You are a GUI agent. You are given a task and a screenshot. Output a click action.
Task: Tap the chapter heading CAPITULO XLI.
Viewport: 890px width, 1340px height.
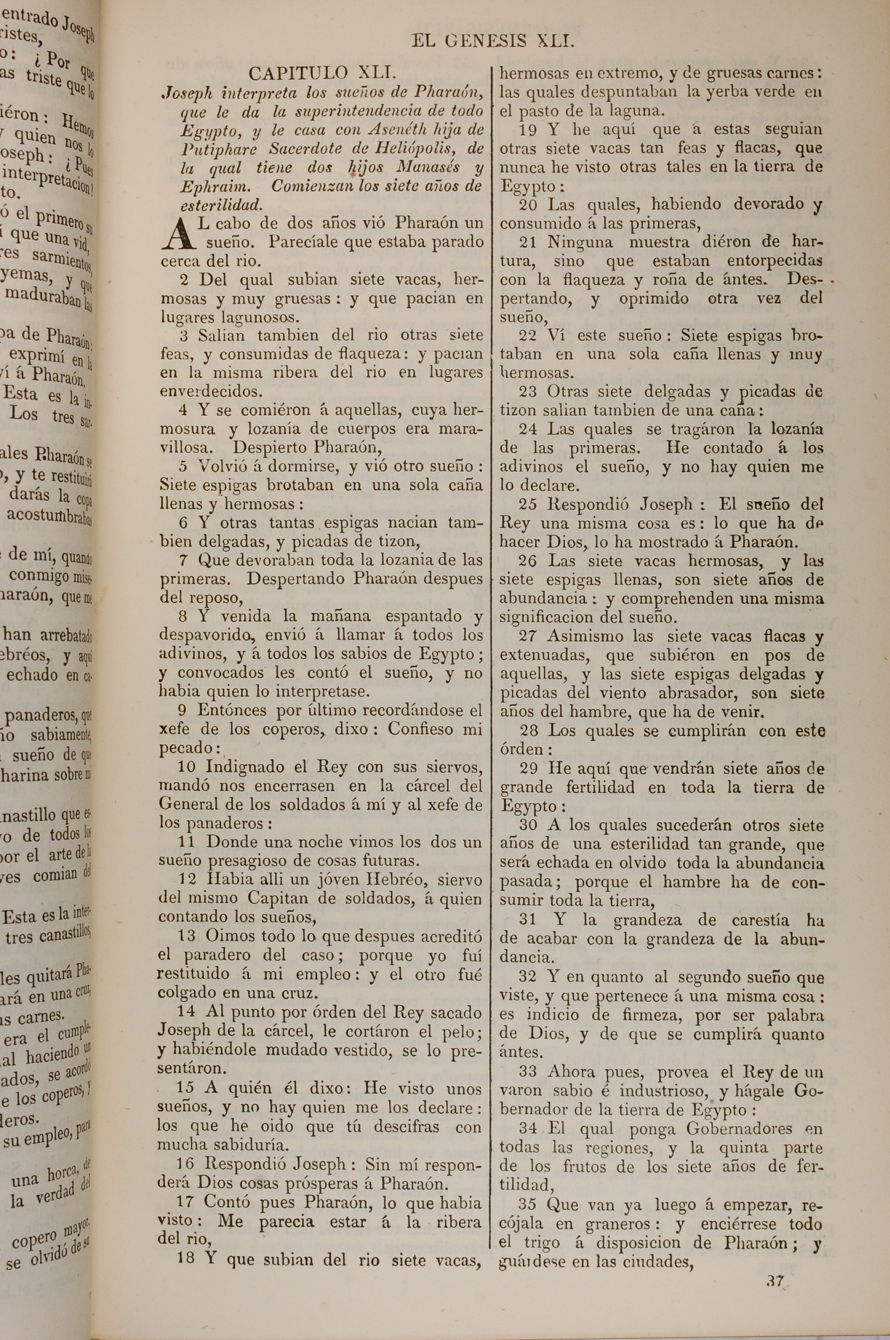[321, 73]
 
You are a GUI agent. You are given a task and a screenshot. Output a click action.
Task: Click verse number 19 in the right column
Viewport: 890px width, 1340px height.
[528, 130]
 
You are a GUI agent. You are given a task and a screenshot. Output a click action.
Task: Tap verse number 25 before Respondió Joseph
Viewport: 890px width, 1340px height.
[528, 504]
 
